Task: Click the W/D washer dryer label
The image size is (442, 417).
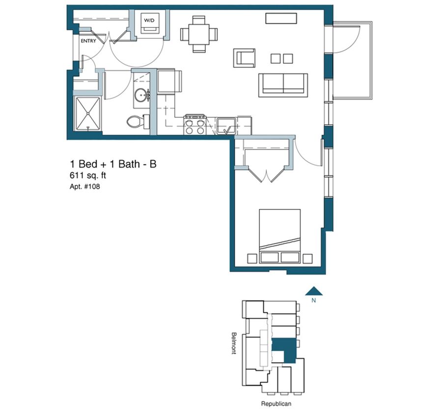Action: click(x=149, y=20)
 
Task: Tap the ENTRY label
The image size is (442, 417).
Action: click(x=88, y=41)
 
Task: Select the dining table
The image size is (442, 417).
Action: click(x=199, y=34)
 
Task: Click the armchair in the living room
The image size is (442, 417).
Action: click(x=244, y=58)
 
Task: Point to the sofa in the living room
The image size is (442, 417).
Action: click(x=283, y=85)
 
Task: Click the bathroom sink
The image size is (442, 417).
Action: click(x=140, y=95)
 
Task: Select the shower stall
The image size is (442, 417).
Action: click(x=88, y=114)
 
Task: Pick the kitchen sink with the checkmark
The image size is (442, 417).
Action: click(x=226, y=126)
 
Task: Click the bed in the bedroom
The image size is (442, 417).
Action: click(x=279, y=237)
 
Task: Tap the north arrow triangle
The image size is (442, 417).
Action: click(x=314, y=291)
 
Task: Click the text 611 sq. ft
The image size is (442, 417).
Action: click(x=88, y=176)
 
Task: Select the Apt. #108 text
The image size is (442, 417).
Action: click(x=84, y=187)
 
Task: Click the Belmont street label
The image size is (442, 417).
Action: click(x=234, y=343)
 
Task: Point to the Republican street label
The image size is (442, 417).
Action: click(x=276, y=404)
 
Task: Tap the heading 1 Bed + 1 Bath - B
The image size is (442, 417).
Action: click(x=113, y=164)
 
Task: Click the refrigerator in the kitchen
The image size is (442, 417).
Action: click(x=169, y=81)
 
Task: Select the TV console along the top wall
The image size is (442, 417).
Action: click(x=281, y=18)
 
